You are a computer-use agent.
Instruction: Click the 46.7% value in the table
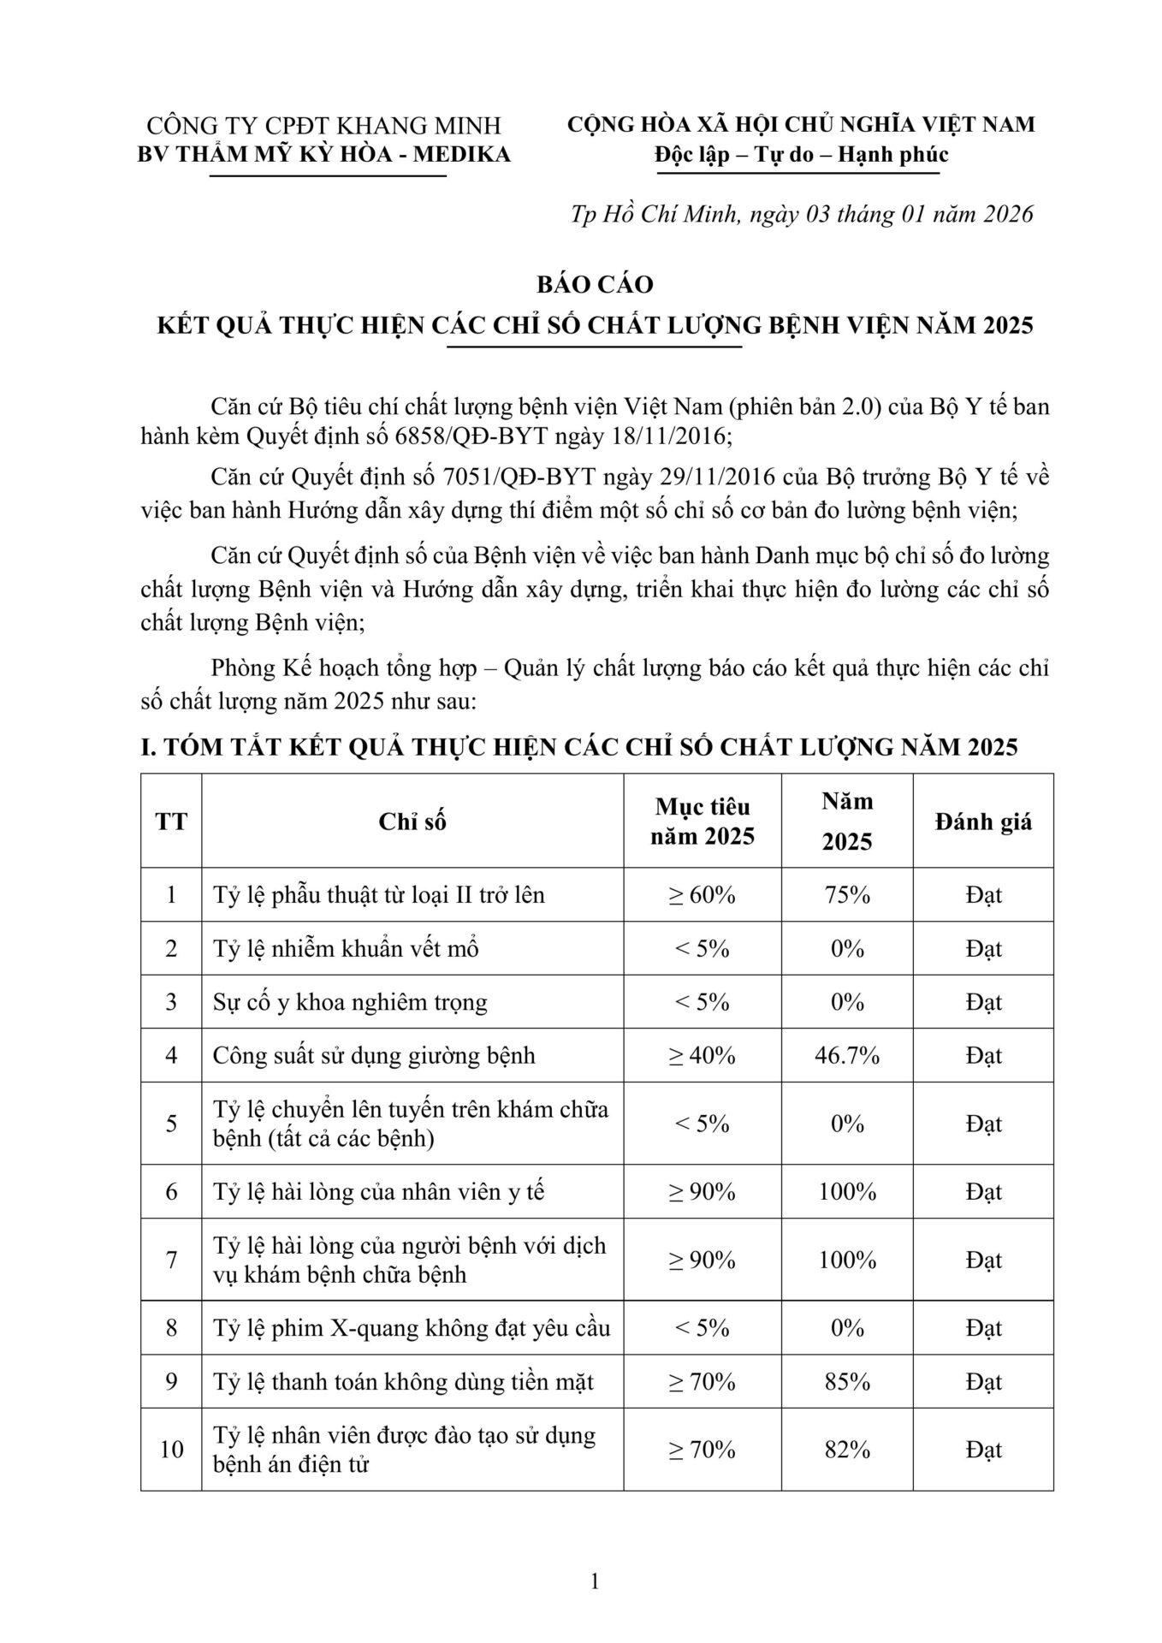click(847, 1055)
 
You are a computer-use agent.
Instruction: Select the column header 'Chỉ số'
click(412, 821)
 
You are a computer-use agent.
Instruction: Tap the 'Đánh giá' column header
click(983, 821)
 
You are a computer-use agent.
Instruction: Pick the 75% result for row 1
click(847, 895)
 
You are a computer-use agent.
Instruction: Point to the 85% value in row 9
click(847, 1381)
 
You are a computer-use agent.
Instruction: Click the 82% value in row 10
click(847, 1449)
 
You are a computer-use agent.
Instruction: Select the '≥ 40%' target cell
click(702, 1055)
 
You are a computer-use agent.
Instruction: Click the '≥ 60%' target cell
click(702, 895)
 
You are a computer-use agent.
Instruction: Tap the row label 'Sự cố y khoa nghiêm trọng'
click(350, 1002)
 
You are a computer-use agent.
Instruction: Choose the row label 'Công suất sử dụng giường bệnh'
click(374, 1055)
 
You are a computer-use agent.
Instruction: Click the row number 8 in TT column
click(171, 1328)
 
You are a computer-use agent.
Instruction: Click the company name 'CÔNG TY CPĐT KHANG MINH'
click(324, 126)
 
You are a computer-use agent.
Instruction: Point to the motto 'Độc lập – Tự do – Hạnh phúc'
click(801, 155)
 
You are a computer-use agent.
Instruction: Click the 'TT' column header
click(171, 821)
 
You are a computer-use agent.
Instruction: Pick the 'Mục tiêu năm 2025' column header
click(702, 821)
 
